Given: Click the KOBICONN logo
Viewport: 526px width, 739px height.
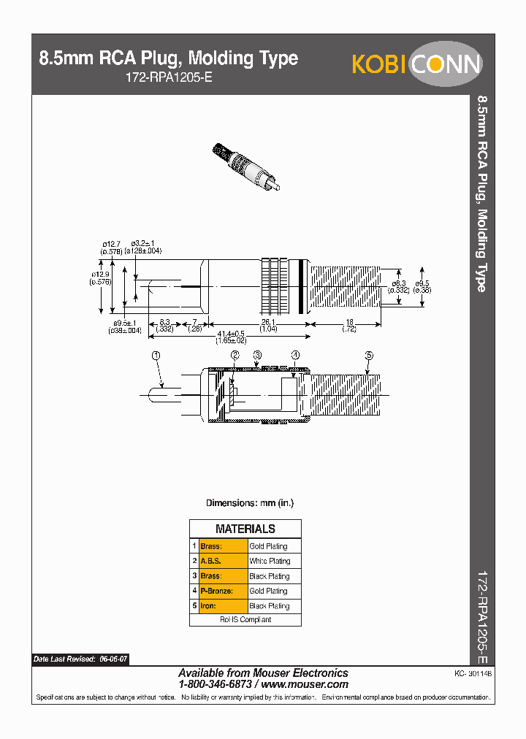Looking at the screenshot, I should [x=416, y=64].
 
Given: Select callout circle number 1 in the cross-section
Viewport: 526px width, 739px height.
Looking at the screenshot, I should [x=155, y=355].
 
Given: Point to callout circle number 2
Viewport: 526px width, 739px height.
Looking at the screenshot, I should [x=235, y=355].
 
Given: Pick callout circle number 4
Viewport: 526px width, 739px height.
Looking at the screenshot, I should [x=295, y=355].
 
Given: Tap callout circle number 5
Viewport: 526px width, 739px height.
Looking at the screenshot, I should [x=369, y=355].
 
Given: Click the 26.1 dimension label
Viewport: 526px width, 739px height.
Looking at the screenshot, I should [x=268, y=322].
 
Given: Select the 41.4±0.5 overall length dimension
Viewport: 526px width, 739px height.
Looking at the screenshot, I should [x=230, y=334].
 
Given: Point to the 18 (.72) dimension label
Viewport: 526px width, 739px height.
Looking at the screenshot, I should [x=349, y=326].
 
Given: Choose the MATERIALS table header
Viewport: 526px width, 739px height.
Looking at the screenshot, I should [x=245, y=529].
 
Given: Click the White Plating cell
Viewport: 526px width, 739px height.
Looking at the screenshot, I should [x=270, y=561].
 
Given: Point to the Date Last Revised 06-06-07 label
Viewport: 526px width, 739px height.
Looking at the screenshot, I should [x=80, y=659].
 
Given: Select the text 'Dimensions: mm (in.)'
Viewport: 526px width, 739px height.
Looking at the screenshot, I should [x=249, y=503].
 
